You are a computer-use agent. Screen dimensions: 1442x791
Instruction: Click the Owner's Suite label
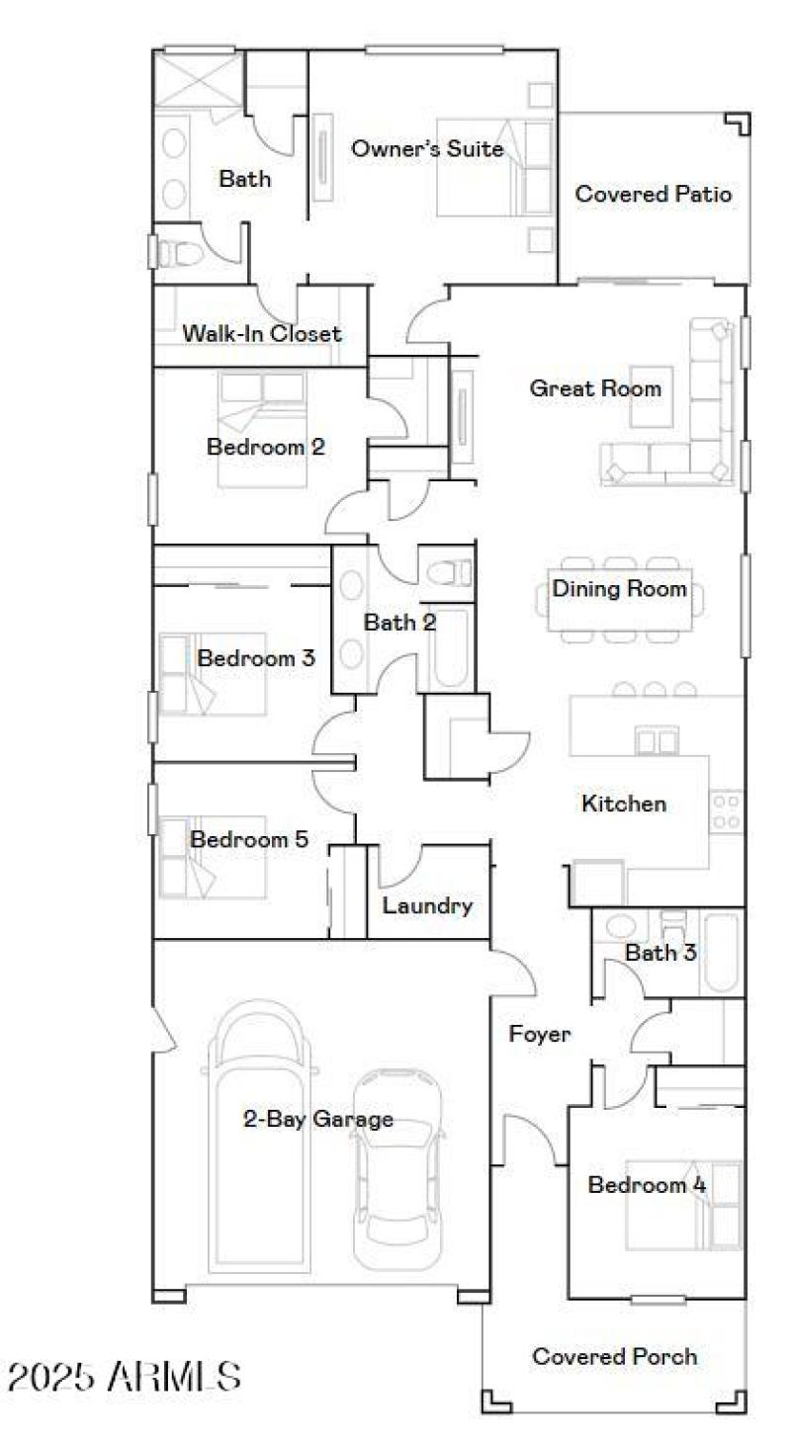point(427,149)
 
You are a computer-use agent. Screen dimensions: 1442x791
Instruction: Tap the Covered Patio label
point(654,194)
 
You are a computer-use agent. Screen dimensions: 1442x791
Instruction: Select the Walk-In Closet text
point(261,334)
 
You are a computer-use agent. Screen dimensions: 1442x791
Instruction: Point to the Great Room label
point(595,388)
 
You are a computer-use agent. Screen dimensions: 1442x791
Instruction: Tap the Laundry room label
point(427,905)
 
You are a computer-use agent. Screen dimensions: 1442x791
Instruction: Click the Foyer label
point(539,1035)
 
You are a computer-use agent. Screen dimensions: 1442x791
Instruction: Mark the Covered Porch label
point(614,1356)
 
